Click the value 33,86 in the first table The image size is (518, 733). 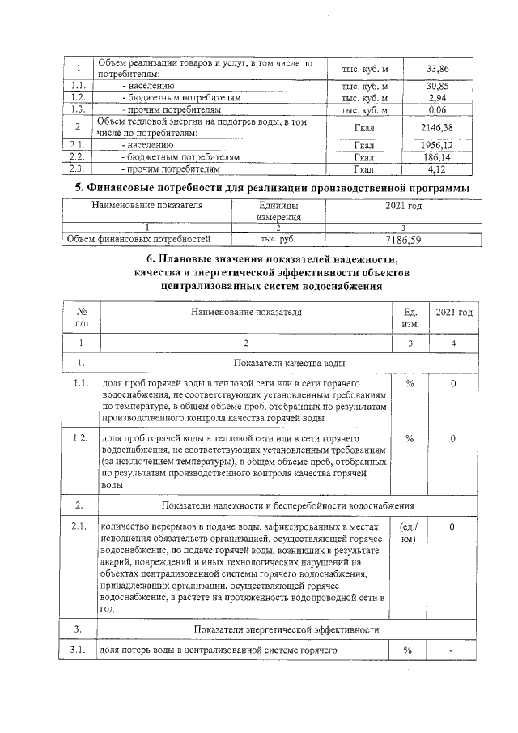[x=439, y=70]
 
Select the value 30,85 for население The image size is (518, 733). [x=439, y=85]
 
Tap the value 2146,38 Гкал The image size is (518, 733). [x=439, y=127]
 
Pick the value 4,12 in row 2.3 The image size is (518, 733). [x=439, y=169]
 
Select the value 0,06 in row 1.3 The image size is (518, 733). [x=439, y=109]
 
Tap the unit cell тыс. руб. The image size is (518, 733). [x=278, y=239]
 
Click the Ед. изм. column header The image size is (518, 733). [x=410, y=317]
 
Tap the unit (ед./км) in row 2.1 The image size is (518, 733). [x=410, y=533]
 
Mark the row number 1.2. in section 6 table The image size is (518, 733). [x=80, y=438]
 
